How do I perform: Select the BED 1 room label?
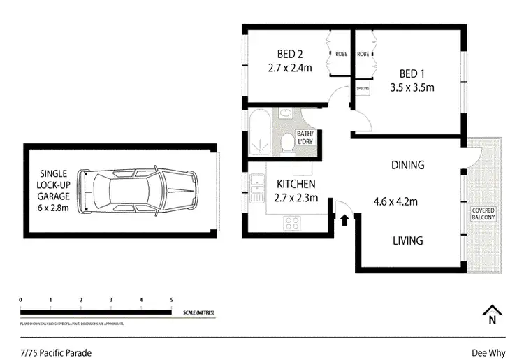[412, 73]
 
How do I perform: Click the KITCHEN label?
[296, 184]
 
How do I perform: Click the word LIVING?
[407, 240]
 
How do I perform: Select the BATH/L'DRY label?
[305, 137]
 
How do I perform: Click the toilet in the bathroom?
[285, 143]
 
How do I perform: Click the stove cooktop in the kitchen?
[292, 223]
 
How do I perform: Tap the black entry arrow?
[344, 219]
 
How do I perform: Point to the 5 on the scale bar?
[172, 300]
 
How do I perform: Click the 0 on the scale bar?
[21, 300]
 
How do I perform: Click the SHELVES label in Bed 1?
[363, 89]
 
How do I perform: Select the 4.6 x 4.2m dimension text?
[395, 203]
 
